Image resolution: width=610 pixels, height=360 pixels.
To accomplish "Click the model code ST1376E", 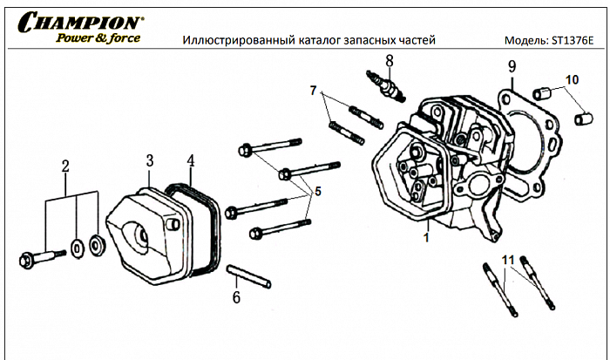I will click(573, 41).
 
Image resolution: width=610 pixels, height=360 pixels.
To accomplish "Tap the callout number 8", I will click(390, 61).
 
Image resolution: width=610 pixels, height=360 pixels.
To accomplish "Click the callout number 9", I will click(512, 67).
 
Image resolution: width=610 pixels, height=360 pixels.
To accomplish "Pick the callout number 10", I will click(572, 81).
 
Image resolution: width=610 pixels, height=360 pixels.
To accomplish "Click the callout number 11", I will click(509, 259).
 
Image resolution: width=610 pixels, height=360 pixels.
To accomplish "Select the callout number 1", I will click(427, 236).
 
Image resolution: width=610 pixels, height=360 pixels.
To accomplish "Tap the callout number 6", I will click(235, 297).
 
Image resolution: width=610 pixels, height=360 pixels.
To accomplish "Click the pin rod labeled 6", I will click(249, 275).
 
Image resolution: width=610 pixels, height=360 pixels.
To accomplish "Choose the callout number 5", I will click(317, 192).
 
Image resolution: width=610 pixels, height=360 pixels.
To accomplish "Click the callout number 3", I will click(150, 160).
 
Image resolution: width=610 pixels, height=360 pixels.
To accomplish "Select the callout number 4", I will click(191, 160).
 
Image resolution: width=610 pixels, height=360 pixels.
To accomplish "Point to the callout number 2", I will click(64, 166).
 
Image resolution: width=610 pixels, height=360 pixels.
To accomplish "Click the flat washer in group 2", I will click(78, 248).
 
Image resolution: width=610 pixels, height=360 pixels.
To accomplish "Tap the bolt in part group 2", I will click(40, 257).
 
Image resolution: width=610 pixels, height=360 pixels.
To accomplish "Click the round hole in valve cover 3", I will click(139, 233).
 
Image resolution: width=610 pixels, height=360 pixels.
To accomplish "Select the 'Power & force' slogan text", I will click(98, 37).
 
